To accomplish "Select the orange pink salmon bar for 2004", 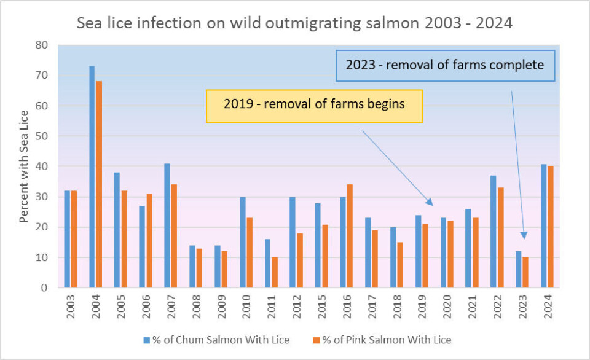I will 99,184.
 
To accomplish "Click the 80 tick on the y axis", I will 42,45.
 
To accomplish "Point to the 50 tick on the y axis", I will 42,136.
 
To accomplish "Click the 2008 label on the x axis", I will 193,305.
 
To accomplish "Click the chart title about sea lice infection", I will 295,25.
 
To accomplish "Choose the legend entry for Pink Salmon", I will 379,340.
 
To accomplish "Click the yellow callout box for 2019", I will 314,106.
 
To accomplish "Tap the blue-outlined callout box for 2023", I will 445,65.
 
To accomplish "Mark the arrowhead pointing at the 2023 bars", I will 524,235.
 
